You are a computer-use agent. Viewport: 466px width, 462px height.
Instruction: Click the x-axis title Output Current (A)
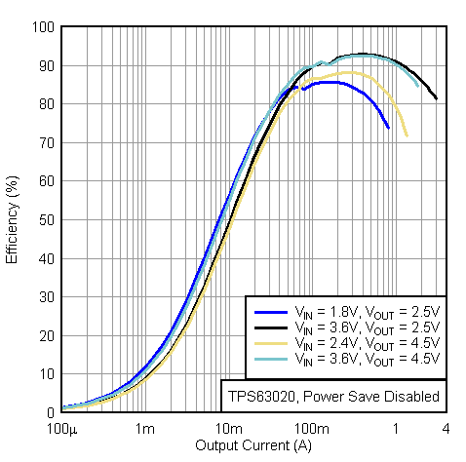[x=254, y=446]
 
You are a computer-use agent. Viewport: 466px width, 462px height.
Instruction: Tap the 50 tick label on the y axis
[x=45, y=219]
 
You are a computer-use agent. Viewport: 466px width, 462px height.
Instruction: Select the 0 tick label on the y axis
[x=49, y=411]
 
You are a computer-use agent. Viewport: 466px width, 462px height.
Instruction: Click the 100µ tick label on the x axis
[x=61, y=429]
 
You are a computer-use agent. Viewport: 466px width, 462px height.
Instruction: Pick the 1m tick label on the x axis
[x=144, y=429]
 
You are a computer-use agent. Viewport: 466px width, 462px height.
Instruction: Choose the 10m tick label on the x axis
[x=227, y=429]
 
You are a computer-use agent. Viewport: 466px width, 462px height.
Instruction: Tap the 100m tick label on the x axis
[x=311, y=429]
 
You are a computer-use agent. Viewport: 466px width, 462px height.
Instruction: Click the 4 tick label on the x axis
[x=446, y=429]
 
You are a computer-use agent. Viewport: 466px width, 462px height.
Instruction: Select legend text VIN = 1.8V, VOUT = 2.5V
[x=367, y=311]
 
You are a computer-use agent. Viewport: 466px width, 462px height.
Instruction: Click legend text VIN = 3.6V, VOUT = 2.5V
[x=367, y=327]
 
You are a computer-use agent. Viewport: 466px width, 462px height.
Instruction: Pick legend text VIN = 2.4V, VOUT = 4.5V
[x=367, y=344]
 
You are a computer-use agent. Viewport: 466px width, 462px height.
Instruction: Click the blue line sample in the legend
[x=268, y=311]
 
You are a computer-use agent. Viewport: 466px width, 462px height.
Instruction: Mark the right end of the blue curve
[x=388, y=128]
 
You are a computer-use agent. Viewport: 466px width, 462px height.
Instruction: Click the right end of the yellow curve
[x=406, y=135]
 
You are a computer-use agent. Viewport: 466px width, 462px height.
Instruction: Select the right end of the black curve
[x=436, y=98]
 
